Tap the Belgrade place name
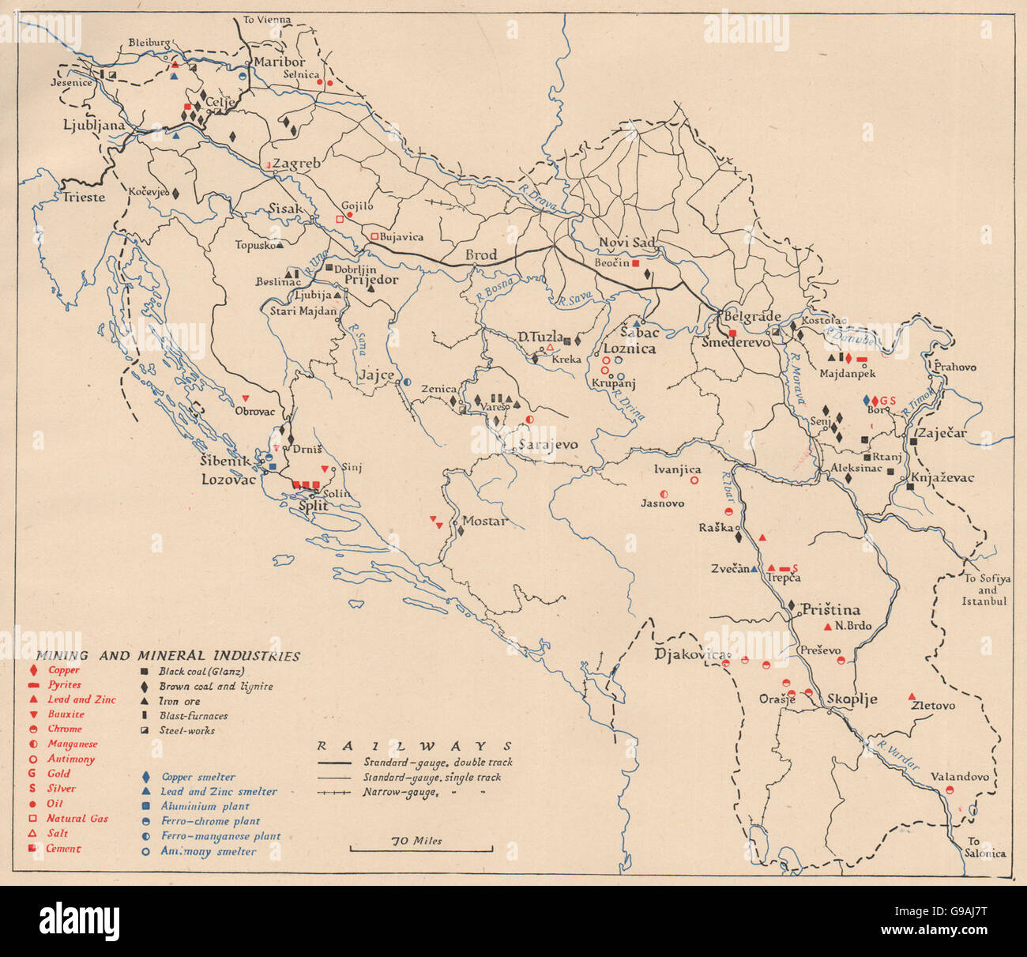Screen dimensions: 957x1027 (x=748, y=317)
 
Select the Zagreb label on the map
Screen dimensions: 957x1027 (x=296, y=164)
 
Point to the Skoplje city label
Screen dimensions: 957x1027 (x=852, y=699)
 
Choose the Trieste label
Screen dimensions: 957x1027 (x=84, y=197)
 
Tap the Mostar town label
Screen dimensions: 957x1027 (x=483, y=522)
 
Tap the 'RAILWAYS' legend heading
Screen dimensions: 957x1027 (x=414, y=745)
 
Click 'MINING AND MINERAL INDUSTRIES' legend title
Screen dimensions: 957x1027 (x=167, y=656)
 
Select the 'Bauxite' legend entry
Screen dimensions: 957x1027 (x=66, y=714)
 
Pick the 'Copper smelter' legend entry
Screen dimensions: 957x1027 (x=197, y=777)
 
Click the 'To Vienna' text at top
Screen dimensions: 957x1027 (x=267, y=20)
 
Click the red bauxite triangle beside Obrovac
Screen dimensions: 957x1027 (x=245, y=397)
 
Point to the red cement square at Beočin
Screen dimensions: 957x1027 (x=634, y=263)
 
